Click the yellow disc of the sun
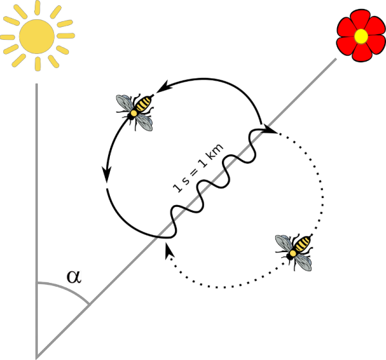point(37,37)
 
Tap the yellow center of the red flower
point(361,37)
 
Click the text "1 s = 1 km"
point(198,168)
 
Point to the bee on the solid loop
point(135,112)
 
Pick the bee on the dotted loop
point(294,252)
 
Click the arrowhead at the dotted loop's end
point(169,250)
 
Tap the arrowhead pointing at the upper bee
point(163,87)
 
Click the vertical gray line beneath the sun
point(37,221)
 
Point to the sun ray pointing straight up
point(37,8)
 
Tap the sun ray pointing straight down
point(37,64)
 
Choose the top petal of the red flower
point(360,20)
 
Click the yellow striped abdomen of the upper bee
point(143,104)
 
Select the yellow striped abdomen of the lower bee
point(302,244)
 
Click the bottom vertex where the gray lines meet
point(37,358)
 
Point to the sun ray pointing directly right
point(66,36)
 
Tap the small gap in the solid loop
point(107,186)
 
